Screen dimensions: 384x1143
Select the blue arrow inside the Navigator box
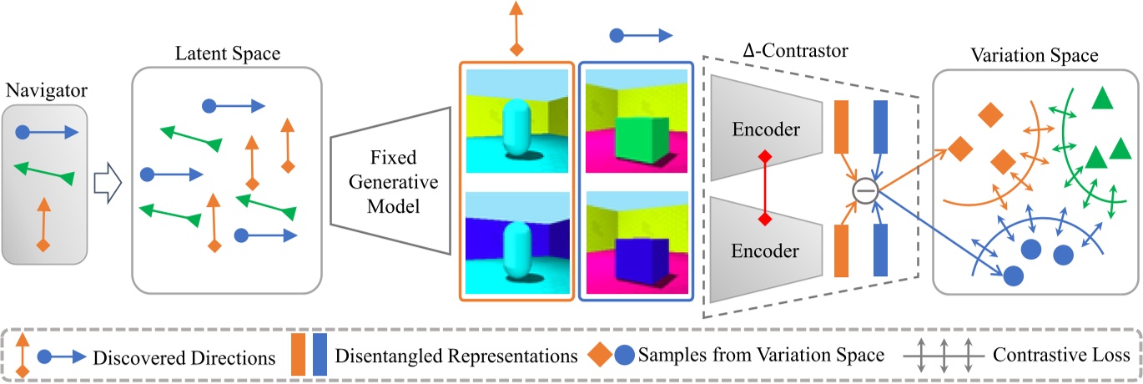(48, 133)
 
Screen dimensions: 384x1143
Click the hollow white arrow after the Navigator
(108, 178)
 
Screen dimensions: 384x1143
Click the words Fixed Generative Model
(391, 181)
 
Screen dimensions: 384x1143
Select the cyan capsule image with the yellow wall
(516, 123)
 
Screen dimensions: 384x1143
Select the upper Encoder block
(765, 129)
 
